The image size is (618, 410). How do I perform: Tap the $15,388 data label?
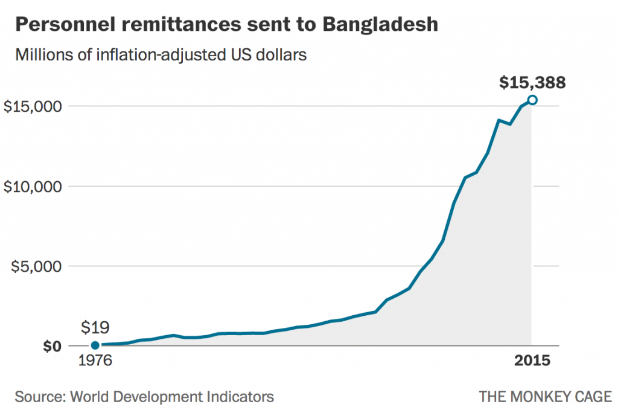tap(532, 82)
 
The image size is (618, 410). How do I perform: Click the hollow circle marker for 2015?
tap(532, 100)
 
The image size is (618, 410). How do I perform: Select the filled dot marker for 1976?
tap(95, 345)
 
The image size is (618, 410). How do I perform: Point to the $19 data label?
tap(95, 328)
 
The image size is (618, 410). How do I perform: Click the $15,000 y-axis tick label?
tap(33, 106)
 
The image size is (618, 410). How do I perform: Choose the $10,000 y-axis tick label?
tap(33, 187)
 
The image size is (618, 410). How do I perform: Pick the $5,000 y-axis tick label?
tap(37, 266)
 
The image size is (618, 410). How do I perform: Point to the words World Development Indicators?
tap(172, 397)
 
